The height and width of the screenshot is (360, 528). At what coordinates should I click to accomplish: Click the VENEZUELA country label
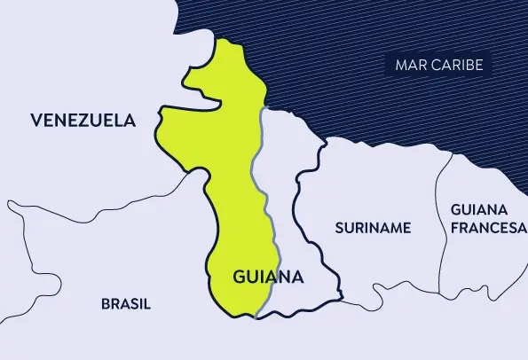pos(83,120)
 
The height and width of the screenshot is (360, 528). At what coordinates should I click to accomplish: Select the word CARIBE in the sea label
pos(458,66)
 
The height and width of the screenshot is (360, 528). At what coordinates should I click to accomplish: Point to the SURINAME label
pos(373,228)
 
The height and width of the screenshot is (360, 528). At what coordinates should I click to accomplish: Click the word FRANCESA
pos(488,227)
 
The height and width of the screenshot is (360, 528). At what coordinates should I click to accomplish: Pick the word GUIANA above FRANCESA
pos(479,210)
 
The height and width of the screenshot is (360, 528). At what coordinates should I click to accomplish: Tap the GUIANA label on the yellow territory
pos(268,277)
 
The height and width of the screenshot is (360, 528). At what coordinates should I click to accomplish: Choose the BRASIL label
pos(125,303)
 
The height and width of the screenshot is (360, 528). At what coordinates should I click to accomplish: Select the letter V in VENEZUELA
pos(35,120)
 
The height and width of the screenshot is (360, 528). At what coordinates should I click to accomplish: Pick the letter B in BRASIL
pos(105,303)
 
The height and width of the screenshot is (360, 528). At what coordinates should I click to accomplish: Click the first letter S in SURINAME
pos(339,228)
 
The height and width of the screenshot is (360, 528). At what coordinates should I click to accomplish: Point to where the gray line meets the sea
pos(263,109)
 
